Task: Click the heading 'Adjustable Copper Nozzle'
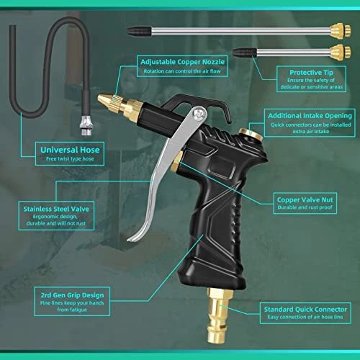click(x=183, y=62)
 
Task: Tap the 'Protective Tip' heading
click(x=311, y=72)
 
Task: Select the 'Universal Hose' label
click(x=70, y=150)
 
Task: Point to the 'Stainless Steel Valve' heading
click(x=56, y=209)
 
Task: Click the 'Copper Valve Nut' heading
click(x=305, y=199)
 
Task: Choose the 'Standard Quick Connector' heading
click(x=305, y=309)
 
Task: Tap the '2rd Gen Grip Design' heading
click(x=72, y=295)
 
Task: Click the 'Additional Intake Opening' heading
click(x=310, y=116)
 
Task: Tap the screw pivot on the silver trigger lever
click(x=200, y=113)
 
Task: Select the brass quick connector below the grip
click(x=219, y=315)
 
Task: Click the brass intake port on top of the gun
click(x=251, y=134)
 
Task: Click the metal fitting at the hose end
click(x=86, y=126)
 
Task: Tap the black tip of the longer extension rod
click(x=139, y=32)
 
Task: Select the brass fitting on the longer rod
click(x=340, y=30)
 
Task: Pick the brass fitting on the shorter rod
click(x=340, y=51)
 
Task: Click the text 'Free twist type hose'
click(x=70, y=158)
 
